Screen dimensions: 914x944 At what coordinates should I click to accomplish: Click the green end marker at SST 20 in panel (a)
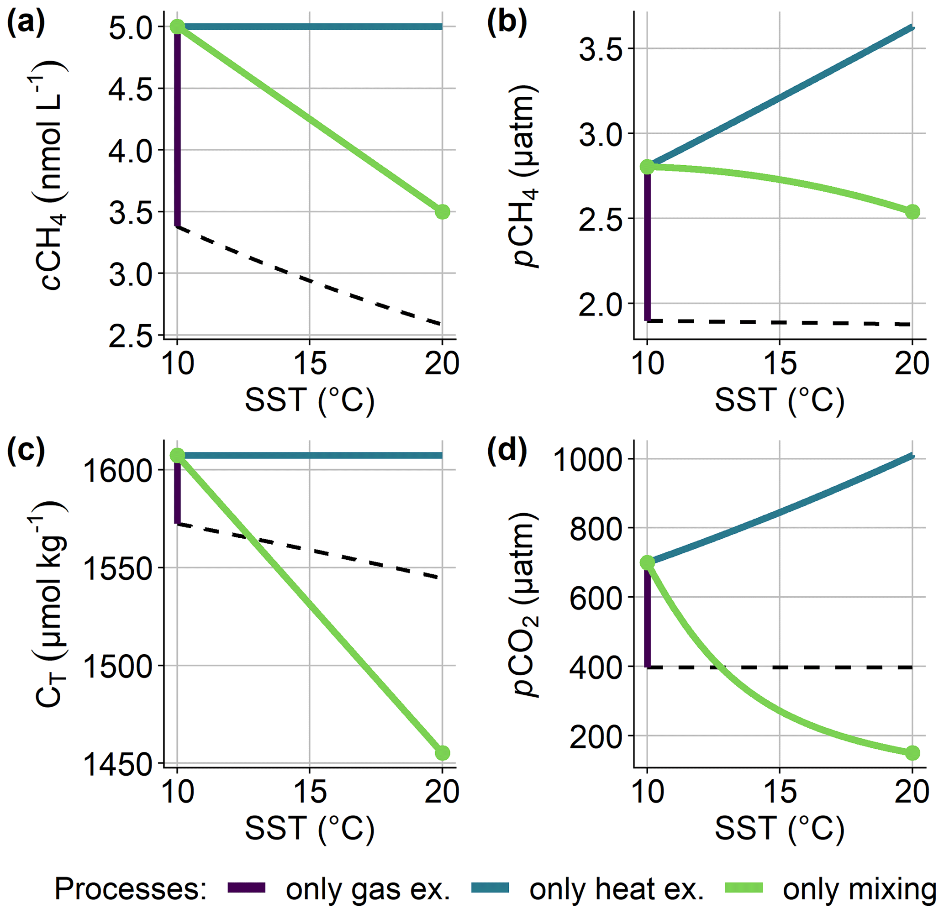442,212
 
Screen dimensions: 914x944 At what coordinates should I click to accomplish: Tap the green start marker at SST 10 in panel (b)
647,167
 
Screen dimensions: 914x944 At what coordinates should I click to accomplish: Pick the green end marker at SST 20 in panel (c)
442,753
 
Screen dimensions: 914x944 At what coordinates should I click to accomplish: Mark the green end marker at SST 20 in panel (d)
912,753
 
